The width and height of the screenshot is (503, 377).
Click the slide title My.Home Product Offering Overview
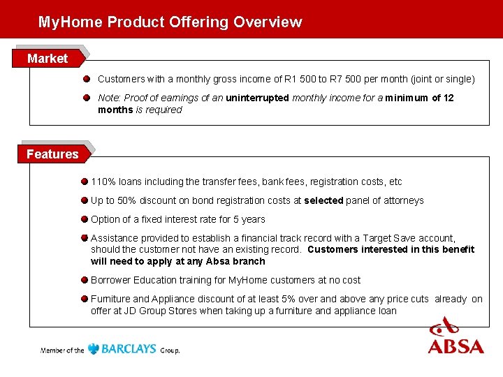coord(170,22)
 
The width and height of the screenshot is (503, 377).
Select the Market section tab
coord(48,59)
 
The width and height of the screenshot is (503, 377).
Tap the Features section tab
coord(52,154)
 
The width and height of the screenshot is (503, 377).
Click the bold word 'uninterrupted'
coord(257,98)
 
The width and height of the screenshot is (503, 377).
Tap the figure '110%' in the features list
coord(103,182)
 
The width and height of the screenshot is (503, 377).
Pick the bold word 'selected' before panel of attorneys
coord(323,200)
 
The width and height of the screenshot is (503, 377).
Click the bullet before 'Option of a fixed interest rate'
coord(84,219)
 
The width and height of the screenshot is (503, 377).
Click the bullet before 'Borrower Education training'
coord(84,280)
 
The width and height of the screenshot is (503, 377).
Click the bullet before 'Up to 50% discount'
coord(84,200)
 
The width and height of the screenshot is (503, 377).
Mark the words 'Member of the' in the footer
coord(62,350)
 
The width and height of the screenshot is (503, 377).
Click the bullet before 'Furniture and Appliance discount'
coord(84,299)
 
